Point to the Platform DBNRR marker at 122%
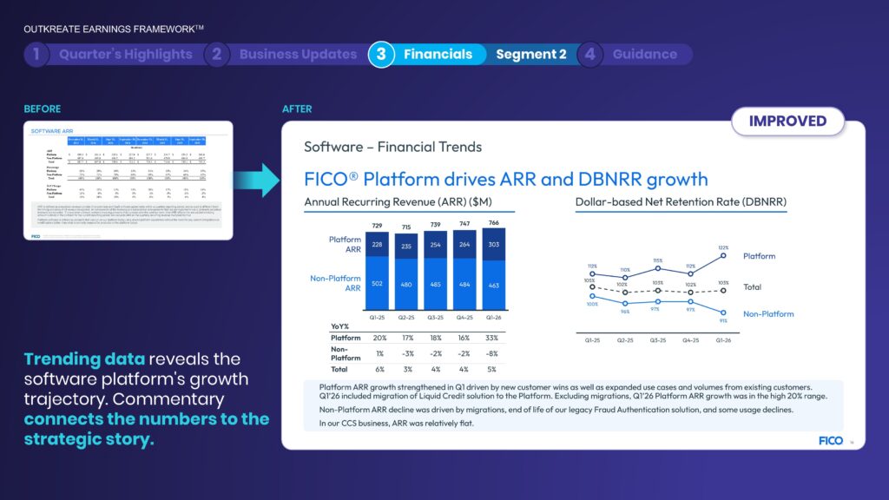coord(724,255)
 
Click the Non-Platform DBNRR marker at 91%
coord(724,313)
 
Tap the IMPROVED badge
coord(787,122)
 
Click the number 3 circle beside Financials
coord(381,54)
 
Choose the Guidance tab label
coord(644,54)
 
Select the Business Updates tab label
coord(298,54)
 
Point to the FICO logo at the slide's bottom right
coord(830,440)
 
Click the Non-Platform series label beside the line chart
coord(767,313)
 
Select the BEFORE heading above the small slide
coord(43,109)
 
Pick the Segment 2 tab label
coord(530,54)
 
